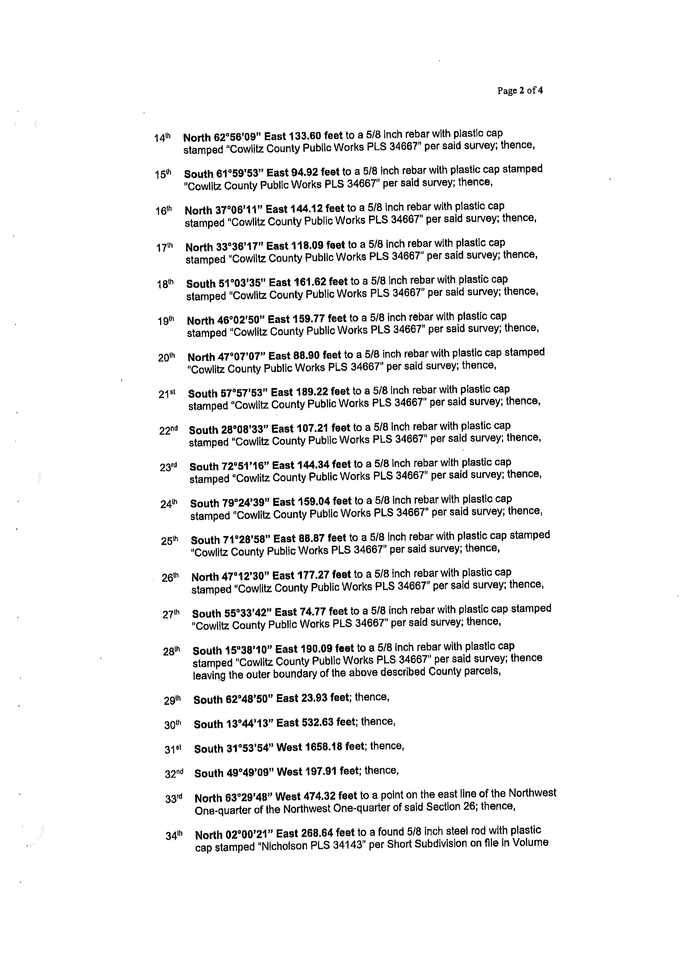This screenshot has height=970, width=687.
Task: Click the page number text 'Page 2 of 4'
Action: coord(520,90)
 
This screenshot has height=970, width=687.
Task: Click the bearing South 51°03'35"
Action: coord(226,282)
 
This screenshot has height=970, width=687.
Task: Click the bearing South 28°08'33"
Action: coord(229,430)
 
